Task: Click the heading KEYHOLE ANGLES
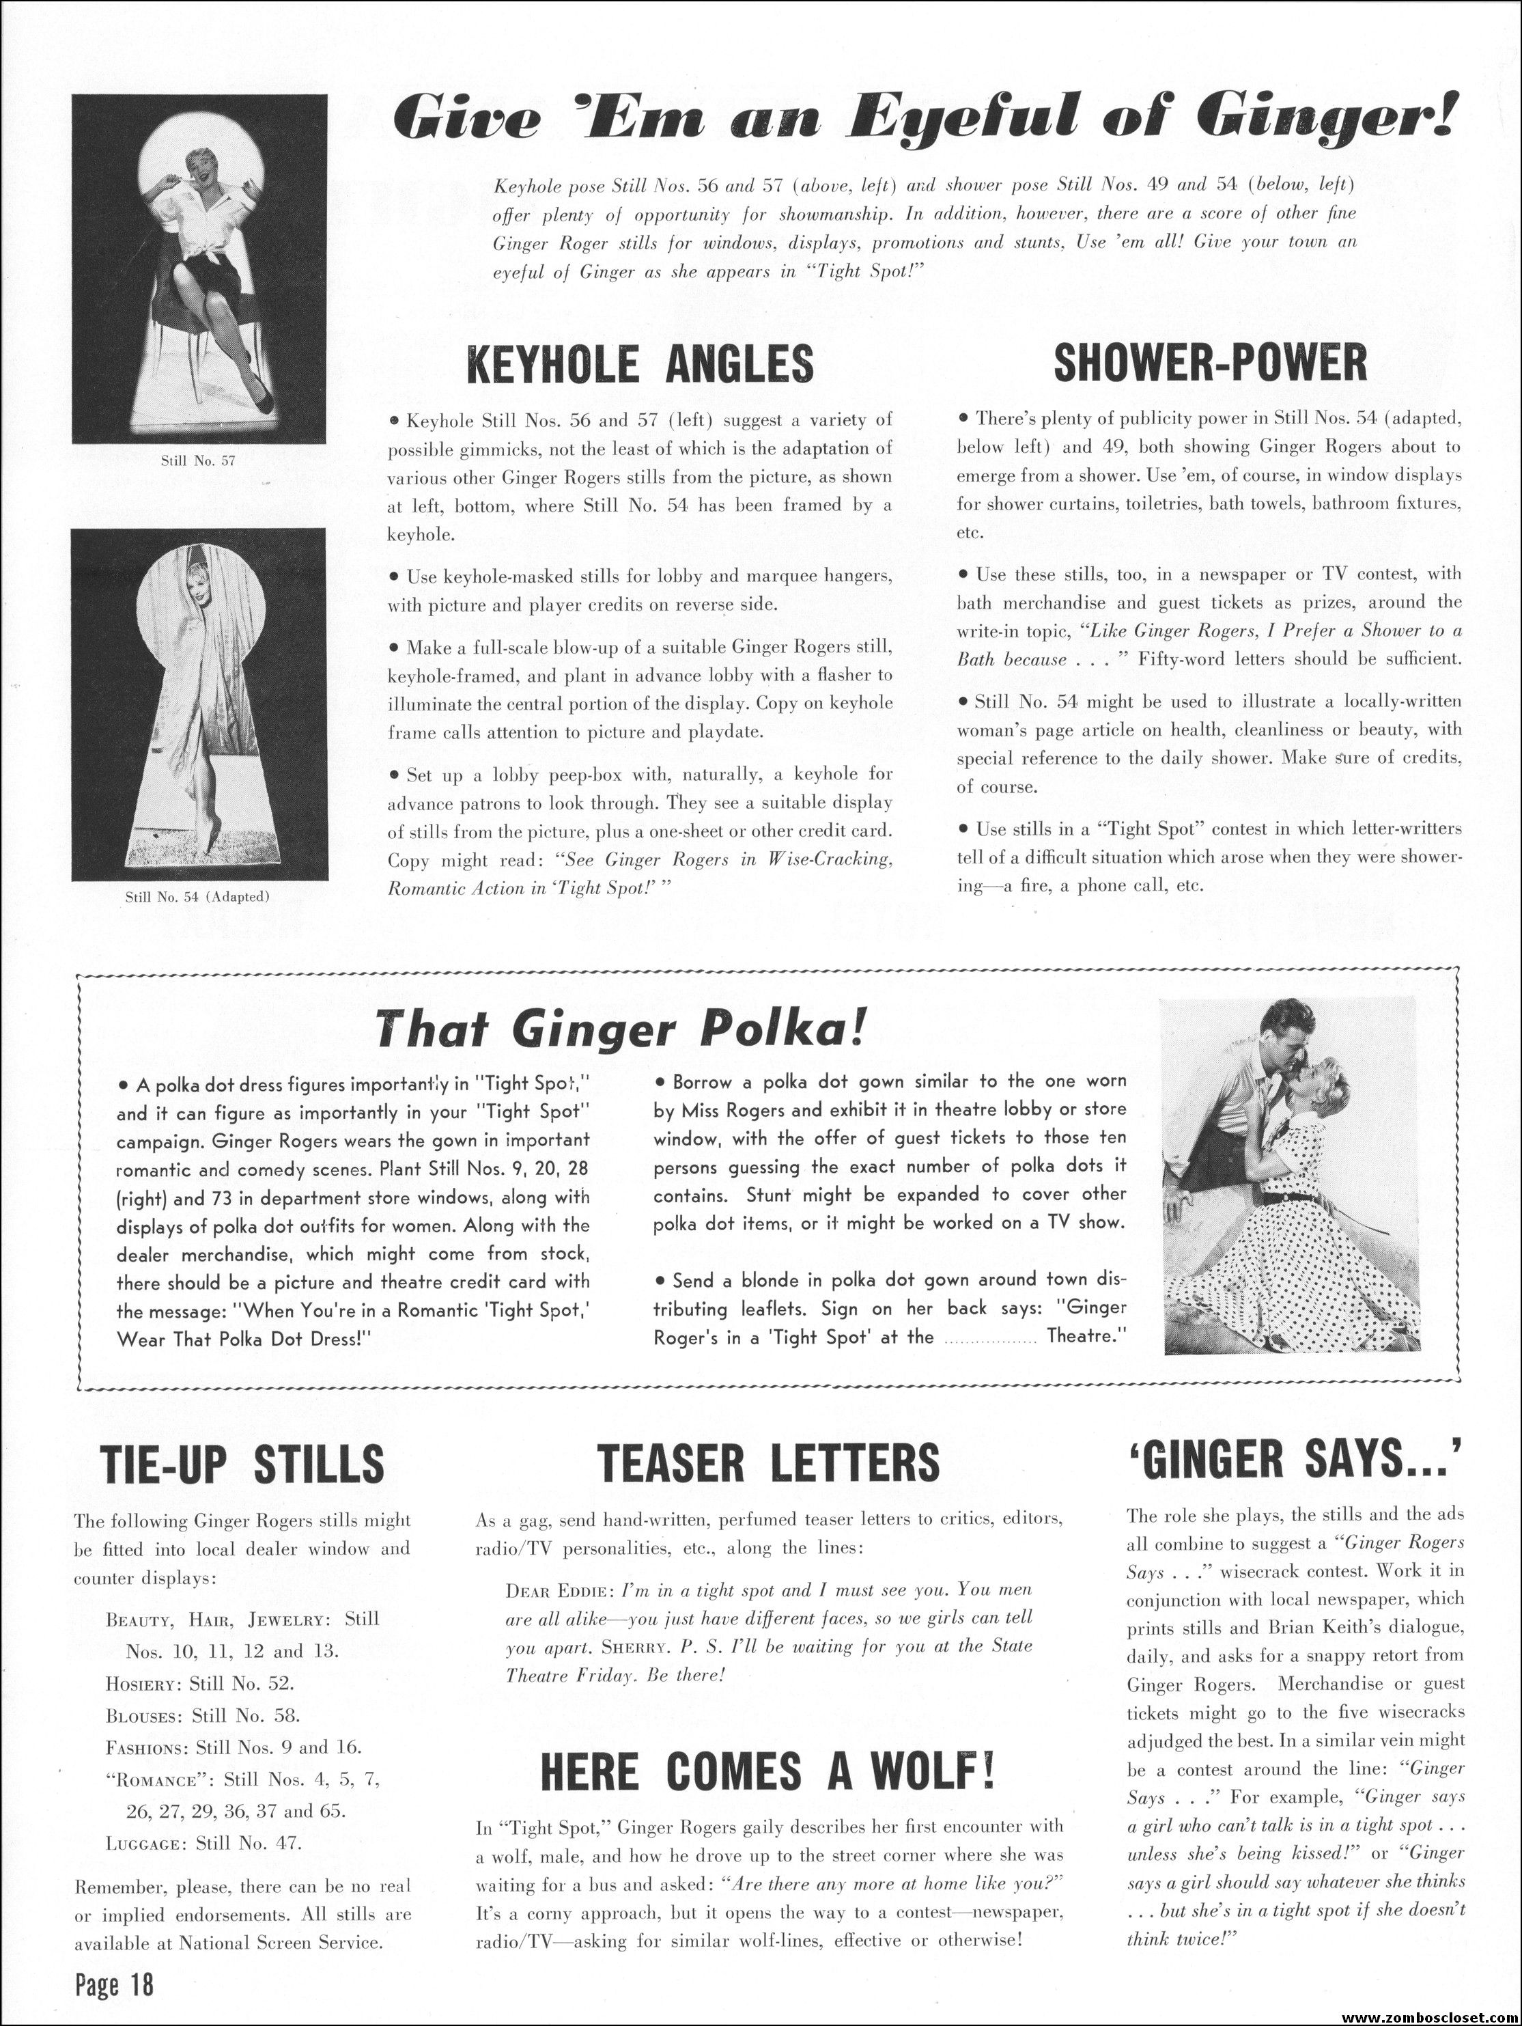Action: (639, 363)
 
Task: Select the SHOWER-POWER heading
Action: (1210, 363)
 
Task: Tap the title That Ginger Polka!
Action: (620, 1030)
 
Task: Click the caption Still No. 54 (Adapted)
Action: (199, 897)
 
